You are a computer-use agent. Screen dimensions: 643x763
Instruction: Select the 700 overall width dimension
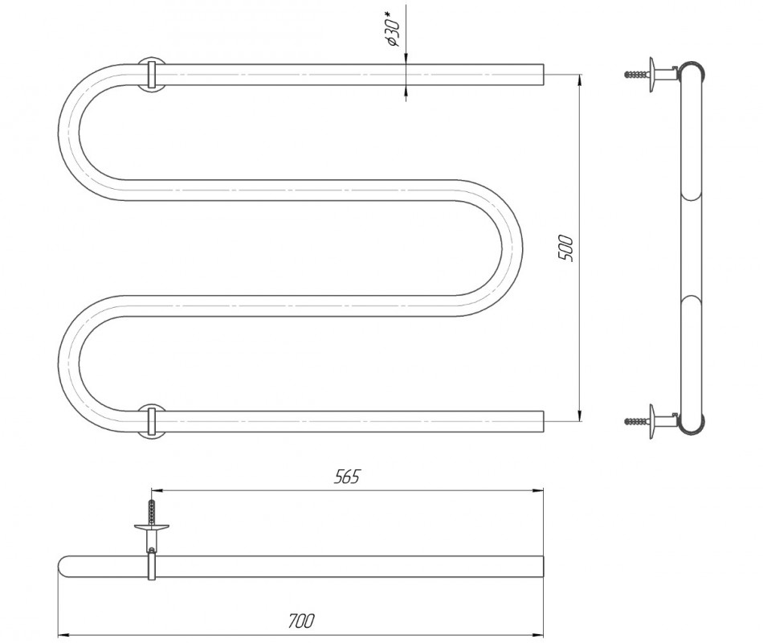tap(302, 620)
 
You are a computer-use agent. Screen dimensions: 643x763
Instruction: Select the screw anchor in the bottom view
tap(151, 511)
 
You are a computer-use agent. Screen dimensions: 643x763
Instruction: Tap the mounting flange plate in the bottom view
tap(151, 527)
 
